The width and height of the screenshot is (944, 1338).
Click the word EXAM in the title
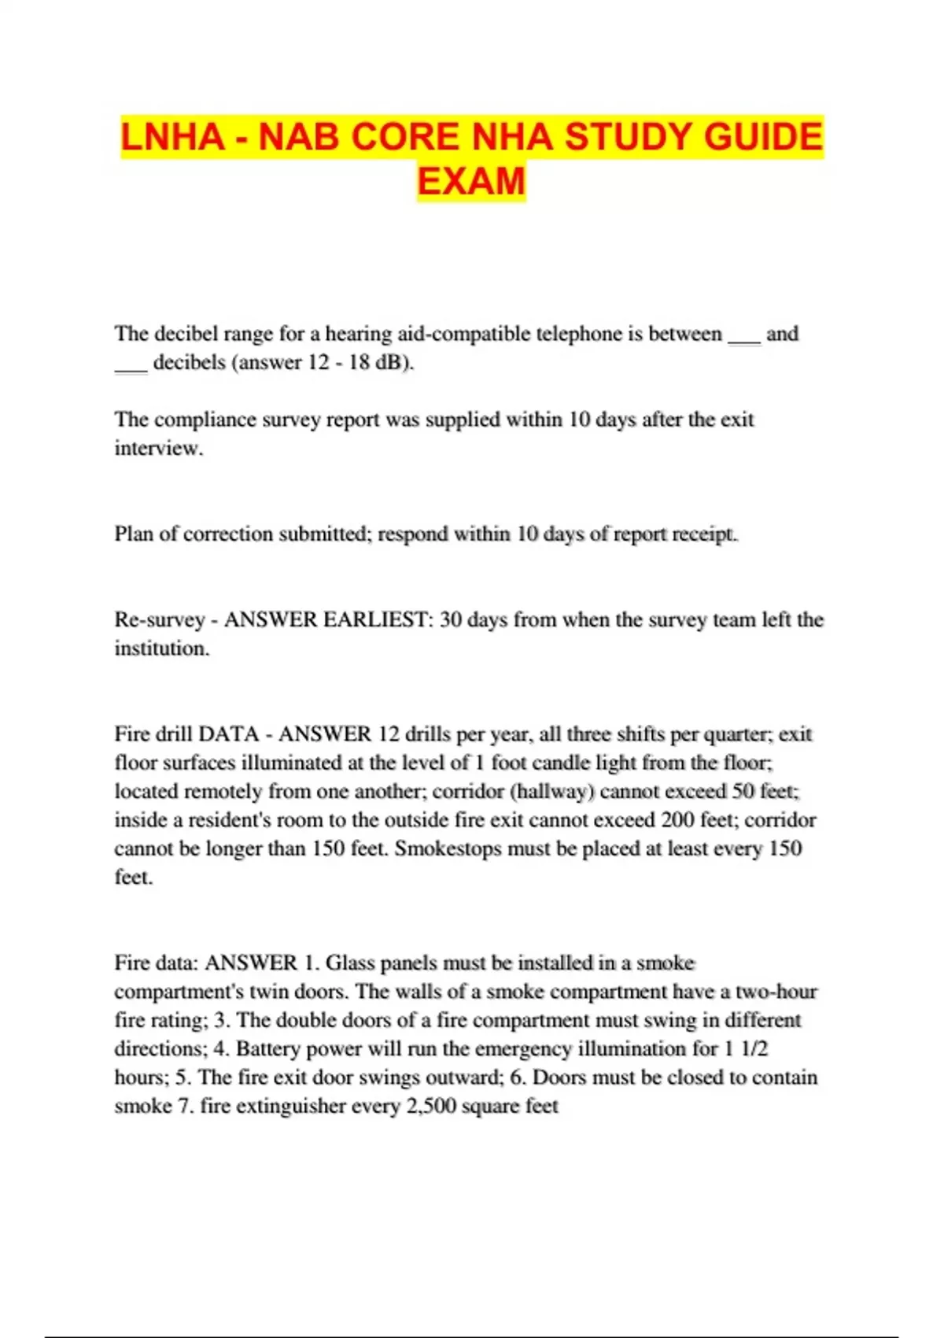pyautogui.click(x=471, y=181)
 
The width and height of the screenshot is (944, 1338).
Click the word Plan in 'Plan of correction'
pyautogui.click(x=133, y=534)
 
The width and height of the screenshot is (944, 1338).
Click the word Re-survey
pyautogui.click(x=159, y=620)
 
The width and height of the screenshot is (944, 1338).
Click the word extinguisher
pyautogui.click(x=289, y=1106)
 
